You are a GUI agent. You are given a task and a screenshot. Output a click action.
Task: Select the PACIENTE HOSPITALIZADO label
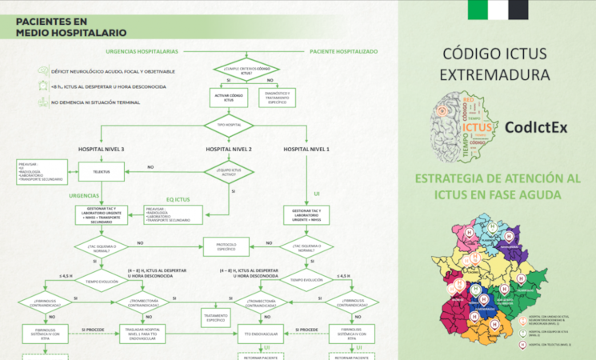coord(343,50)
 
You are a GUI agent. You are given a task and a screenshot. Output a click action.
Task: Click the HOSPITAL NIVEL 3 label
coord(101,150)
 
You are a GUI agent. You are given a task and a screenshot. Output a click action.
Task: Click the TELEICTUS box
coord(101,170)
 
